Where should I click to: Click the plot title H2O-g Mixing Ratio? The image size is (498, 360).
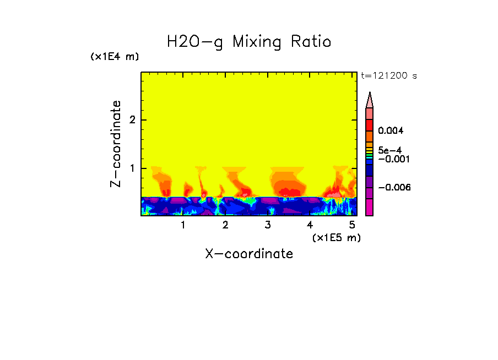[249, 42]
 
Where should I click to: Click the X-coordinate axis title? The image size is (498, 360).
[249, 254]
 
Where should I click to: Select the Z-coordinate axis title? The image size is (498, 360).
[116, 144]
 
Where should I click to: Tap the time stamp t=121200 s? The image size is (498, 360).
[388, 76]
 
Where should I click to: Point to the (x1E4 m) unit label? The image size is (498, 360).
[115, 57]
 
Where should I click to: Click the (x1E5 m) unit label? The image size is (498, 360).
[336, 237]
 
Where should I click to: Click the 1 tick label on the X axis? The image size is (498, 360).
[183, 225]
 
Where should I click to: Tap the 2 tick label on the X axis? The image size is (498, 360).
[225, 225]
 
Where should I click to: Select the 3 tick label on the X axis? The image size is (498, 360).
[268, 225]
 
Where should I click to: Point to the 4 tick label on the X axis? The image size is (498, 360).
[310, 225]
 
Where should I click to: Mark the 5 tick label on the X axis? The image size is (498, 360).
[352, 225]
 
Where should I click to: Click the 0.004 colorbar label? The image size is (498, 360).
[391, 131]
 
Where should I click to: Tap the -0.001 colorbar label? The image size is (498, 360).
[392, 159]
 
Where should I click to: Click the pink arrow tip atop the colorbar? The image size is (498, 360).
[370, 100]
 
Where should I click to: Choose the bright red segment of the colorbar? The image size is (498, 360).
[370, 125]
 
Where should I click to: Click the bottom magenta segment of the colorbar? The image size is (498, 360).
[370, 207]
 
